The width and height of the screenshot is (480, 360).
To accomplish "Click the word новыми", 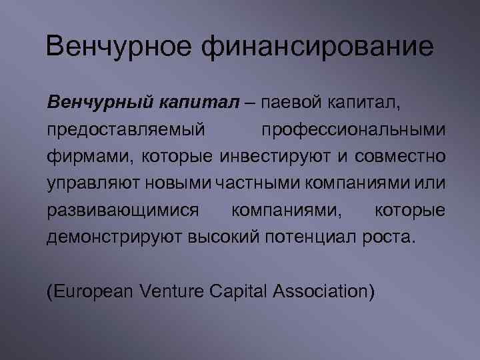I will tap(173, 184).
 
